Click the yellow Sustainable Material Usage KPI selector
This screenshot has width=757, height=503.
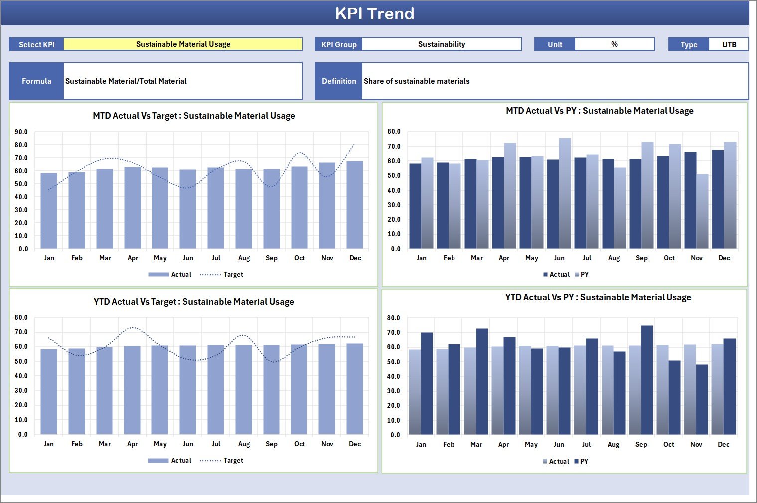183,44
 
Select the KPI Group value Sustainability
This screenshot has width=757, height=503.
442,44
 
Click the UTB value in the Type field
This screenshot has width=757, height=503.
729,44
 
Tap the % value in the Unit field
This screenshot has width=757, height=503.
614,44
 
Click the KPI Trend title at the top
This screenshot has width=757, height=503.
374,13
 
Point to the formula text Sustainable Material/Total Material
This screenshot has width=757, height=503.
126,81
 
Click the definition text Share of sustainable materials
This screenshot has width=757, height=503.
417,81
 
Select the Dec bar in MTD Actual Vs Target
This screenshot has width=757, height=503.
355,205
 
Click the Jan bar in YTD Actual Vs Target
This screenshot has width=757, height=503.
49,391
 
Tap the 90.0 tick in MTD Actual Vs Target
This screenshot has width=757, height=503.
21,132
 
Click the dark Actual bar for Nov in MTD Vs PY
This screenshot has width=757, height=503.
690,200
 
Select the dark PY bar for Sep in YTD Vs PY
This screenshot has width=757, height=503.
647,380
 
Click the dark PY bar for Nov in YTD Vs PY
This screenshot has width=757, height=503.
702,399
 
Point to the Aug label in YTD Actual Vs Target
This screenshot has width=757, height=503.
244,444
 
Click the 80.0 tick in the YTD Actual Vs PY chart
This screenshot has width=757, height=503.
394,318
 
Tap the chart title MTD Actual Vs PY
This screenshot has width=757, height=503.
600,111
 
